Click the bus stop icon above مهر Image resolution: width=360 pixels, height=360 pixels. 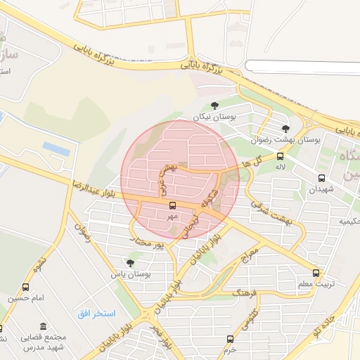(x=172, y=205)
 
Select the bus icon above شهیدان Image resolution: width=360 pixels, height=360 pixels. (x=321, y=178)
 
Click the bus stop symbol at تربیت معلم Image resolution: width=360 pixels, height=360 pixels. (x=316, y=273)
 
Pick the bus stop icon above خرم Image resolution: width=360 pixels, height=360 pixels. (x=230, y=339)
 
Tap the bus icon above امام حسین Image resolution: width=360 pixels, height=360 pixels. (x=26, y=287)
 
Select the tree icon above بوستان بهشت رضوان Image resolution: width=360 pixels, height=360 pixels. (x=285, y=129)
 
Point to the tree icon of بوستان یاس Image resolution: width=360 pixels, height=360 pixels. (x=130, y=262)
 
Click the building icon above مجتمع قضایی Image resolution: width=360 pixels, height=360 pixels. (x=44, y=327)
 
